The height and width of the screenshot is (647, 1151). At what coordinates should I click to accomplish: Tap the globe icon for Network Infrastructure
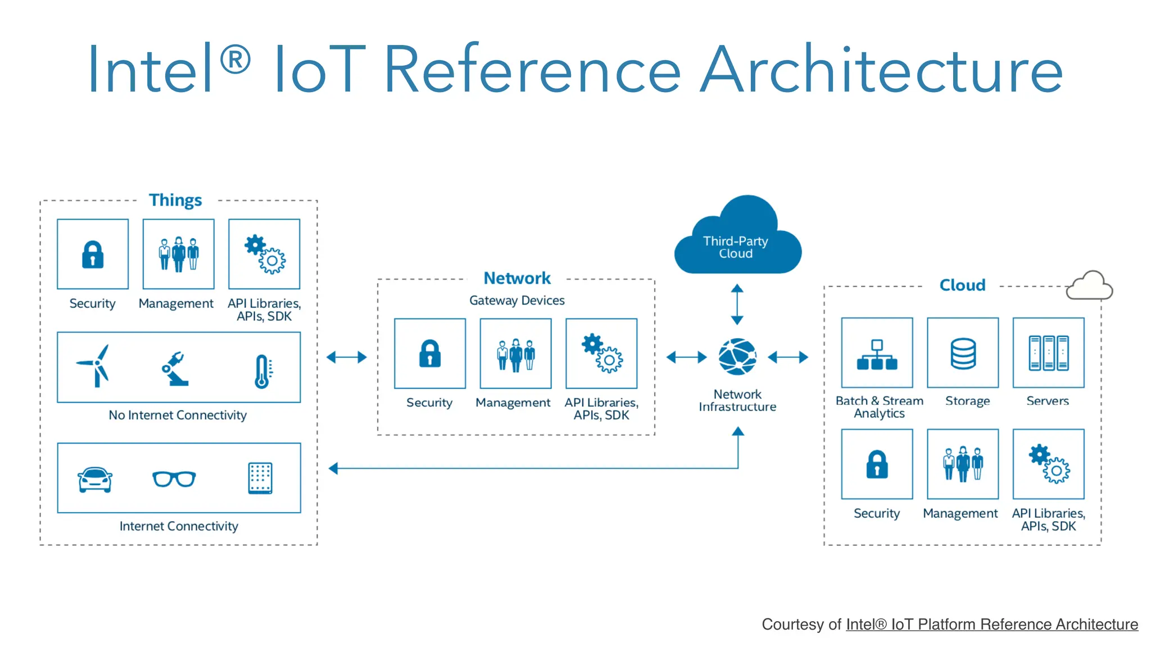(x=737, y=357)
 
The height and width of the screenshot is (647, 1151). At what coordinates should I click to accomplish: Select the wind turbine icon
(x=94, y=366)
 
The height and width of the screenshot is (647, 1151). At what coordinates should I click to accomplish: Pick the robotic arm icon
(x=176, y=369)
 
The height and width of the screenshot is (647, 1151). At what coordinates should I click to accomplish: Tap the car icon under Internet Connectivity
(x=95, y=479)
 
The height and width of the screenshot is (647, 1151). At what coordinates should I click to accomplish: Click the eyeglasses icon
(x=174, y=479)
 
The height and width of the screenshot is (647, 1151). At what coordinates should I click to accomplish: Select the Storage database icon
(x=963, y=353)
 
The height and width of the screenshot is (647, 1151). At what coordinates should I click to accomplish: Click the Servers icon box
(x=1048, y=353)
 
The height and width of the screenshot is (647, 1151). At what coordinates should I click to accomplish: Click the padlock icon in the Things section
(x=93, y=254)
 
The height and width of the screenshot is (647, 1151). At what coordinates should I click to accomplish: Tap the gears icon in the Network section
(x=602, y=353)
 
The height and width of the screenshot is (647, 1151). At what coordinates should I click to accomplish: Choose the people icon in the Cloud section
(x=963, y=464)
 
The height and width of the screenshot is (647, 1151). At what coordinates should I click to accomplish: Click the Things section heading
(x=175, y=200)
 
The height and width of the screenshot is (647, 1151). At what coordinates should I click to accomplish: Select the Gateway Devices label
(x=516, y=300)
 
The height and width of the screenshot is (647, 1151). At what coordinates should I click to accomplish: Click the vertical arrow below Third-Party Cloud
(x=737, y=304)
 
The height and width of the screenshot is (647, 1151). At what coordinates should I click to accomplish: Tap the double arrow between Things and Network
(x=347, y=357)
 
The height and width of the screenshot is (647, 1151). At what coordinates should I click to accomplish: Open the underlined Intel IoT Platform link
(x=991, y=625)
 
